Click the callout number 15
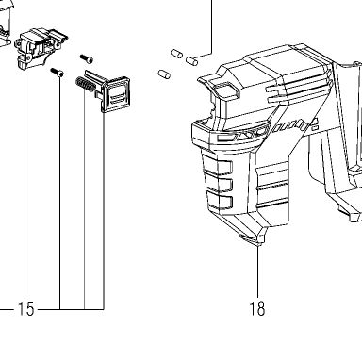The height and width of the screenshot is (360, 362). coord(25,309)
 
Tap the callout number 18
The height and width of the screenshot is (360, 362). coord(257,309)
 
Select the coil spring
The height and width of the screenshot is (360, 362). coord(84,85)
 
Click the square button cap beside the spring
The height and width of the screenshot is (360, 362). coord(117,93)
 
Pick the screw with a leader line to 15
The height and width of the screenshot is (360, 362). coord(58,73)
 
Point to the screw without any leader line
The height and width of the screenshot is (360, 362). coord(87,58)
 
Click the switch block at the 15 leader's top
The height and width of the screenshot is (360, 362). coord(41,48)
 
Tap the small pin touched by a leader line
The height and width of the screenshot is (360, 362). coord(192,60)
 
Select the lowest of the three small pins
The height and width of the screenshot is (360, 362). coord(164,74)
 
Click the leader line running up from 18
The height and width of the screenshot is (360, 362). coord(258,271)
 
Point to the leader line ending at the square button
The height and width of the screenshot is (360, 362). coord(104,211)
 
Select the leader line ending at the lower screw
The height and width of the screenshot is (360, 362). coord(59,193)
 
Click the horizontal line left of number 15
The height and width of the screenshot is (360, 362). coord(7,309)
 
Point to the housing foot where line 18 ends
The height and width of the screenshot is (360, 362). coord(255,239)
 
